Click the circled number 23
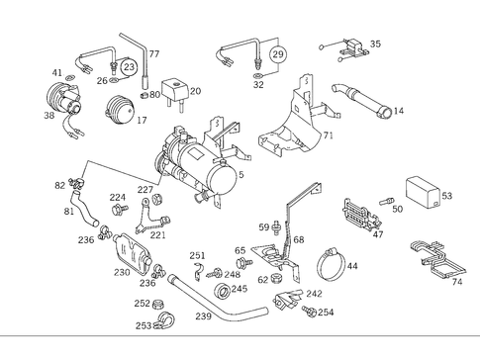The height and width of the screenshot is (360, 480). pyautogui.click(x=130, y=66)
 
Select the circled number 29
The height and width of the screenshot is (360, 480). pyautogui.click(x=277, y=54)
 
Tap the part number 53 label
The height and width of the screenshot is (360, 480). pyautogui.click(x=446, y=197)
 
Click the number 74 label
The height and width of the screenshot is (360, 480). pyautogui.click(x=456, y=282)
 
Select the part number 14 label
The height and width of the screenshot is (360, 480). pyautogui.click(x=399, y=112)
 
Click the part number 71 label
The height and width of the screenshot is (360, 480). pyautogui.click(x=328, y=134)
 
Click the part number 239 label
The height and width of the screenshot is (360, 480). pyautogui.click(x=203, y=317)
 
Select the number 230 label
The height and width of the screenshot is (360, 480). pyautogui.click(x=122, y=273)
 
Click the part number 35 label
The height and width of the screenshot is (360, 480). pyautogui.click(x=375, y=45)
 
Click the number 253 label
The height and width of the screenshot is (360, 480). pyautogui.click(x=143, y=325)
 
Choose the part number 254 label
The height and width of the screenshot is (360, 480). pyautogui.click(x=326, y=313)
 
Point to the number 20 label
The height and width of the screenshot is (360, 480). pyautogui.click(x=195, y=91)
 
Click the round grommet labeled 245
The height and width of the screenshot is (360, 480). pyautogui.click(x=221, y=291)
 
